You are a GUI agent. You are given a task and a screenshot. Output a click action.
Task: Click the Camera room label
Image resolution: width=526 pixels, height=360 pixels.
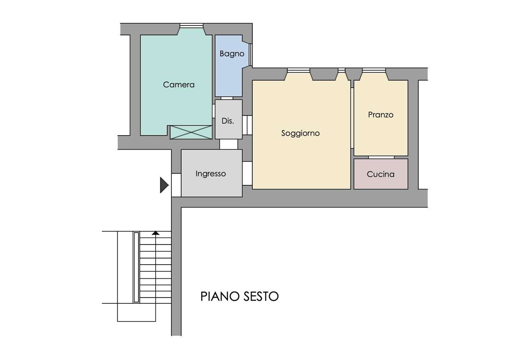click(179, 85)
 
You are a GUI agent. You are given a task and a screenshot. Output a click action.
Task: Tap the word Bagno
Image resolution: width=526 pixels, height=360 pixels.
click(232, 54)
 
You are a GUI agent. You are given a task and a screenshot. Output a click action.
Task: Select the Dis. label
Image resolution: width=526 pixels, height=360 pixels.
click(228, 121)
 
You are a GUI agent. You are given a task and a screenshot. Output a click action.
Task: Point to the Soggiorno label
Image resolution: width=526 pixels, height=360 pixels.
click(300, 133)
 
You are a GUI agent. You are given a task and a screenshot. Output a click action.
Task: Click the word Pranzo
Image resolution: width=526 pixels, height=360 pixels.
click(381, 115)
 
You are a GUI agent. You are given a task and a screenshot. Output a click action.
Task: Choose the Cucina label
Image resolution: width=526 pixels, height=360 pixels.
click(381, 174)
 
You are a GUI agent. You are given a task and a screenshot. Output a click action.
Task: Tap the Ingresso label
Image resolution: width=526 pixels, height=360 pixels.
click(211, 173)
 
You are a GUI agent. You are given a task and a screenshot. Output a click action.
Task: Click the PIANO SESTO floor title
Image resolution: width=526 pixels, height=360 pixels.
click(240, 296)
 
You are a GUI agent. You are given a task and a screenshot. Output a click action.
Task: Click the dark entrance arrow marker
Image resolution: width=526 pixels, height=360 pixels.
click(164, 185)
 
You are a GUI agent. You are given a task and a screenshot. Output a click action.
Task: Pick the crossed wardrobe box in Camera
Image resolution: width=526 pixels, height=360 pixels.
click(191, 132)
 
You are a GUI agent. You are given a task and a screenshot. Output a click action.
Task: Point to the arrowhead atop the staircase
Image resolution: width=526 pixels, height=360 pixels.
click(155, 233)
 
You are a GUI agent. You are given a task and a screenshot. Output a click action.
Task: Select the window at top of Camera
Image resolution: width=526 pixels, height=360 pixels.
click(191, 26)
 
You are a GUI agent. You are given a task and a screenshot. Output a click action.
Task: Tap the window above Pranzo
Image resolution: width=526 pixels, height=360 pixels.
click(374, 70)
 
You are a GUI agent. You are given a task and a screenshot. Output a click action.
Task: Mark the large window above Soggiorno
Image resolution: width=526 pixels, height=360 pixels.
click(298, 70)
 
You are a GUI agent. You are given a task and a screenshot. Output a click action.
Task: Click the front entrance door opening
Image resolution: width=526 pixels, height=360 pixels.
click(176, 185)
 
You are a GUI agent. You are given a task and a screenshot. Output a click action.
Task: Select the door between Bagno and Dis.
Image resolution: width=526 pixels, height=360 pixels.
click(227, 98)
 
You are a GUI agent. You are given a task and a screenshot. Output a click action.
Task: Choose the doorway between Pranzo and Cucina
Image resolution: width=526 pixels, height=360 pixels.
click(381, 157)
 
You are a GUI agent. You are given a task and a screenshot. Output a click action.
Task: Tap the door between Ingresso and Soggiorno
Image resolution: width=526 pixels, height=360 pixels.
click(247, 173)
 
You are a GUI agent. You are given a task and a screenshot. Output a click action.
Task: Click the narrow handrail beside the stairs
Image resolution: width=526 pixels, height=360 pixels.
click(136, 267)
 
